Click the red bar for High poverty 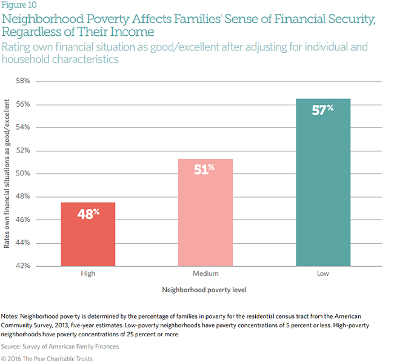point(87,234)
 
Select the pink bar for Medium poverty point(205,212)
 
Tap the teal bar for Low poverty point(322,182)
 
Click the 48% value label point(87,214)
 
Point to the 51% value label point(205,170)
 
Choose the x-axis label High point(87,274)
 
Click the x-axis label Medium point(205,274)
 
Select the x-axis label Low point(322,274)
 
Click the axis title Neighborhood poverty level point(204,290)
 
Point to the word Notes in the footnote point(10,316)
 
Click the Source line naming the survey point(60,347)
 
